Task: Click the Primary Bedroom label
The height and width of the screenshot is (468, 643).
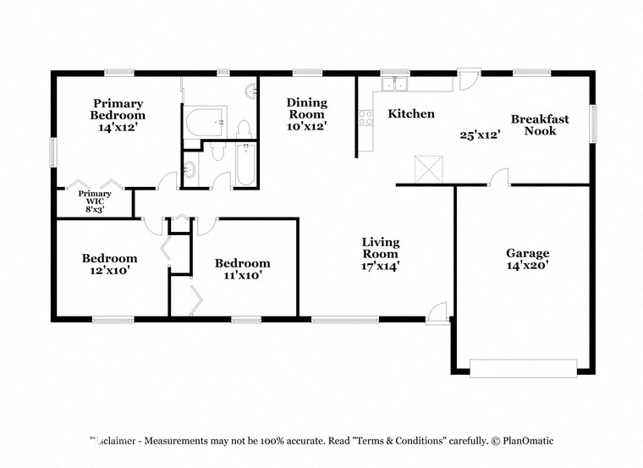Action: point(118,115)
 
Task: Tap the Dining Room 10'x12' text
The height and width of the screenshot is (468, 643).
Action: point(306,114)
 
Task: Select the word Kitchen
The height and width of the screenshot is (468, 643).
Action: point(411,113)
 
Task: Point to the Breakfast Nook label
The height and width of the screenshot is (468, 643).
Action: point(540,124)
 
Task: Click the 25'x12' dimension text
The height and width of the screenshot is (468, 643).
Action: point(480,135)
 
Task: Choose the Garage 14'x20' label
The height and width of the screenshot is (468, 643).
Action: point(527,259)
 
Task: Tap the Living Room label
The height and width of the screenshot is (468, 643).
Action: point(381,253)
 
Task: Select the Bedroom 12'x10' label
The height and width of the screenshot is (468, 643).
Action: point(109,264)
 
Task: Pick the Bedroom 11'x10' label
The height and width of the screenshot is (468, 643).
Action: point(242,268)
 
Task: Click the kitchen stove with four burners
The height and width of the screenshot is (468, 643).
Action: point(365,118)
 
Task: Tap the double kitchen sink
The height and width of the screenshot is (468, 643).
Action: point(393,84)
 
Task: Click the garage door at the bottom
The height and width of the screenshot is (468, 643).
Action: point(523,367)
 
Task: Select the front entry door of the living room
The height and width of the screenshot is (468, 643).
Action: point(437,314)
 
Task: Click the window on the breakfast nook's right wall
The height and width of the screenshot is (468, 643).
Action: point(592,123)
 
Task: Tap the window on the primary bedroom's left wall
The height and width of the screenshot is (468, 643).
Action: point(52,151)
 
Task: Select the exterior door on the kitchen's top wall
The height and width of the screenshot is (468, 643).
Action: point(469,74)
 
